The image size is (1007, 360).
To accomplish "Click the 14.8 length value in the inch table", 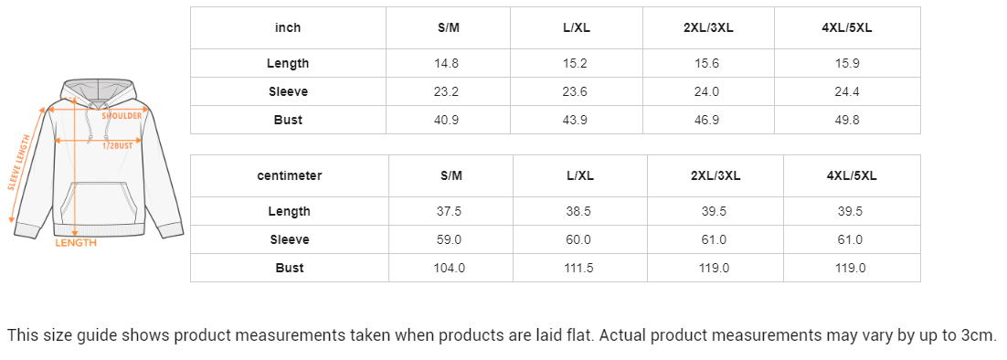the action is [x=446, y=64].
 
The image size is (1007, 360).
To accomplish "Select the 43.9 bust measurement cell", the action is [x=575, y=120].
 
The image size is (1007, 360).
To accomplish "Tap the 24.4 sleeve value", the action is [x=846, y=91].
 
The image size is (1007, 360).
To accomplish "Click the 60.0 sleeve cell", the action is [x=578, y=239].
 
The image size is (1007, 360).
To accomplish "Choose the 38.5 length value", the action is [x=578, y=211].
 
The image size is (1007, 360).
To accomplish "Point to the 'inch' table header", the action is [x=288, y=27].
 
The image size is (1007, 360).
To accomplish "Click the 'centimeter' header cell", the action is [x=290, y=175].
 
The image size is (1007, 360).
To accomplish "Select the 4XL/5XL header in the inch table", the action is [x=846, y=27].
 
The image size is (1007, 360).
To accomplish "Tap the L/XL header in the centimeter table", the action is [x=580, y=175].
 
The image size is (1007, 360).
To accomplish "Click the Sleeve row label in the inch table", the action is [x=289, y=91].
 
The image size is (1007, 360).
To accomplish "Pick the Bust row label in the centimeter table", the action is [x=290, y=268].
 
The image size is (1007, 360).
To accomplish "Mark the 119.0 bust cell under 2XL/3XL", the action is [x=715, y=268].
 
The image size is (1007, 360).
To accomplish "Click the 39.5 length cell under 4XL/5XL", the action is [x=851, y=211].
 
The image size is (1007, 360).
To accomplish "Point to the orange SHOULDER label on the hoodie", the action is [x=122, y=116].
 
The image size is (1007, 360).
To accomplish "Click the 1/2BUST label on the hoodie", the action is [x=118, y=145].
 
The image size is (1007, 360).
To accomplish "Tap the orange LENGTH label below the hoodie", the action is [x=76, y=242].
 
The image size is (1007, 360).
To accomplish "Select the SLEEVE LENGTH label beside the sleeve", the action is [x=19, y=163].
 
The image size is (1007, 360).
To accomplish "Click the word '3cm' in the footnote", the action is [x=980, y=335].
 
